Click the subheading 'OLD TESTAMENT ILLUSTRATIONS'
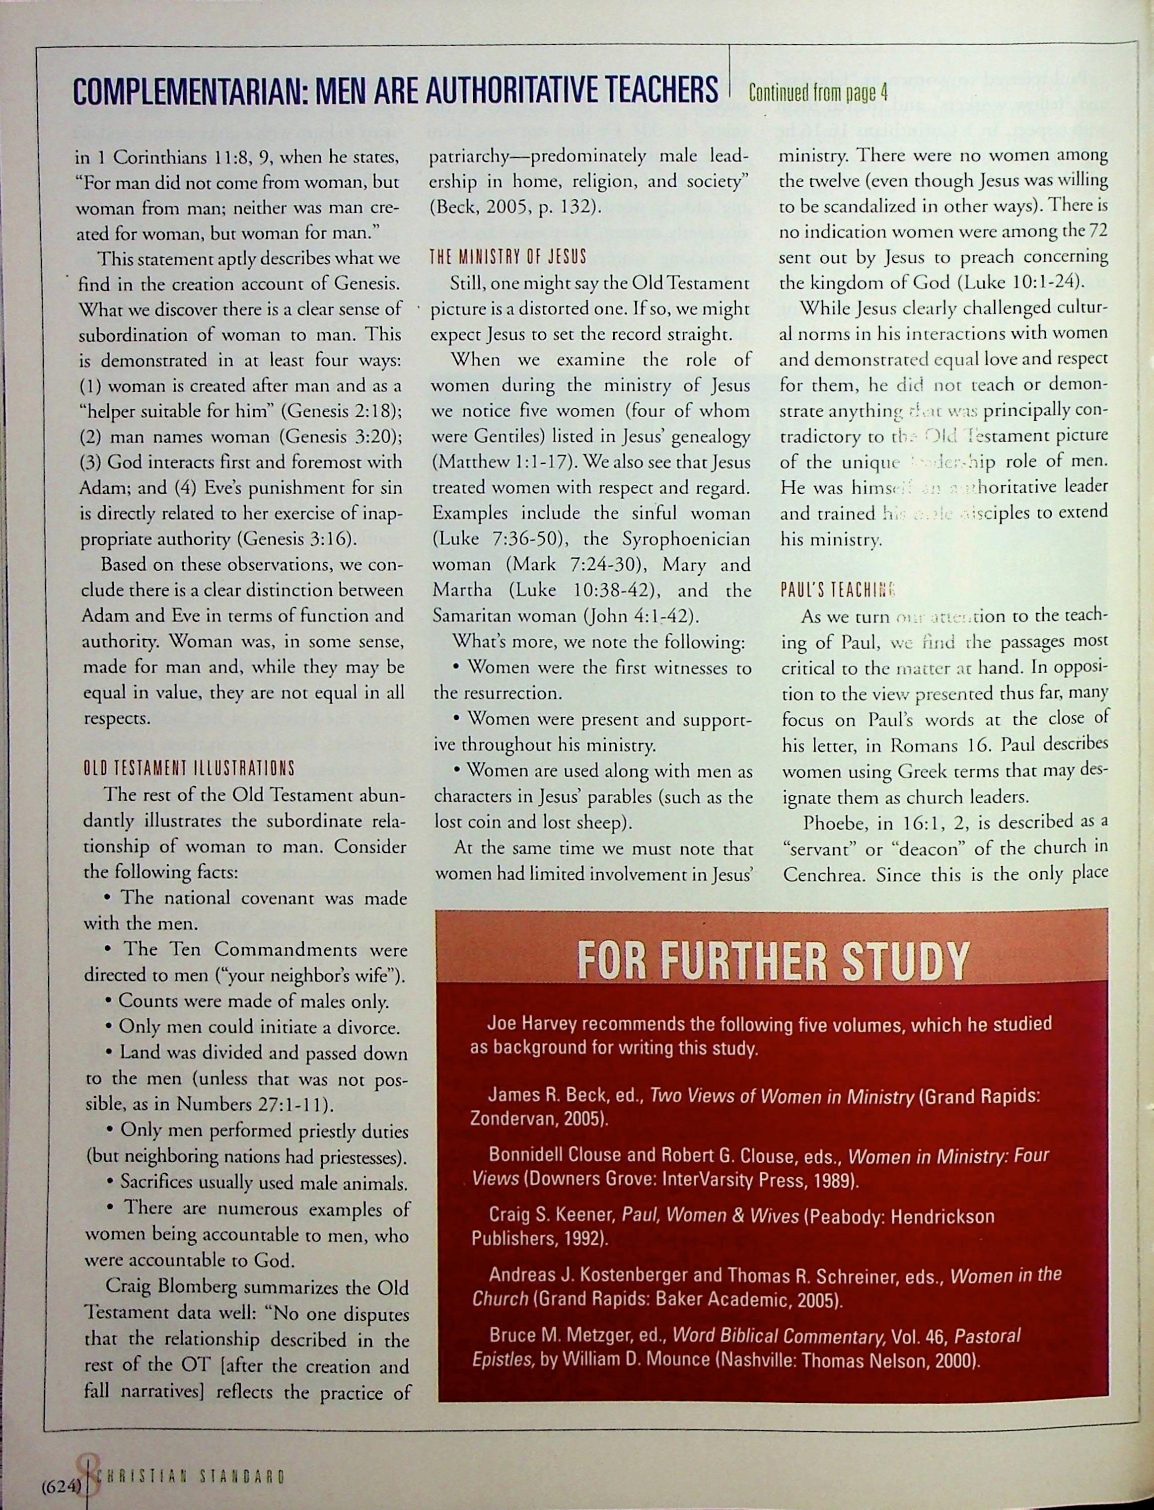point(188,767)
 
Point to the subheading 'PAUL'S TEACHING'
point(838,590)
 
